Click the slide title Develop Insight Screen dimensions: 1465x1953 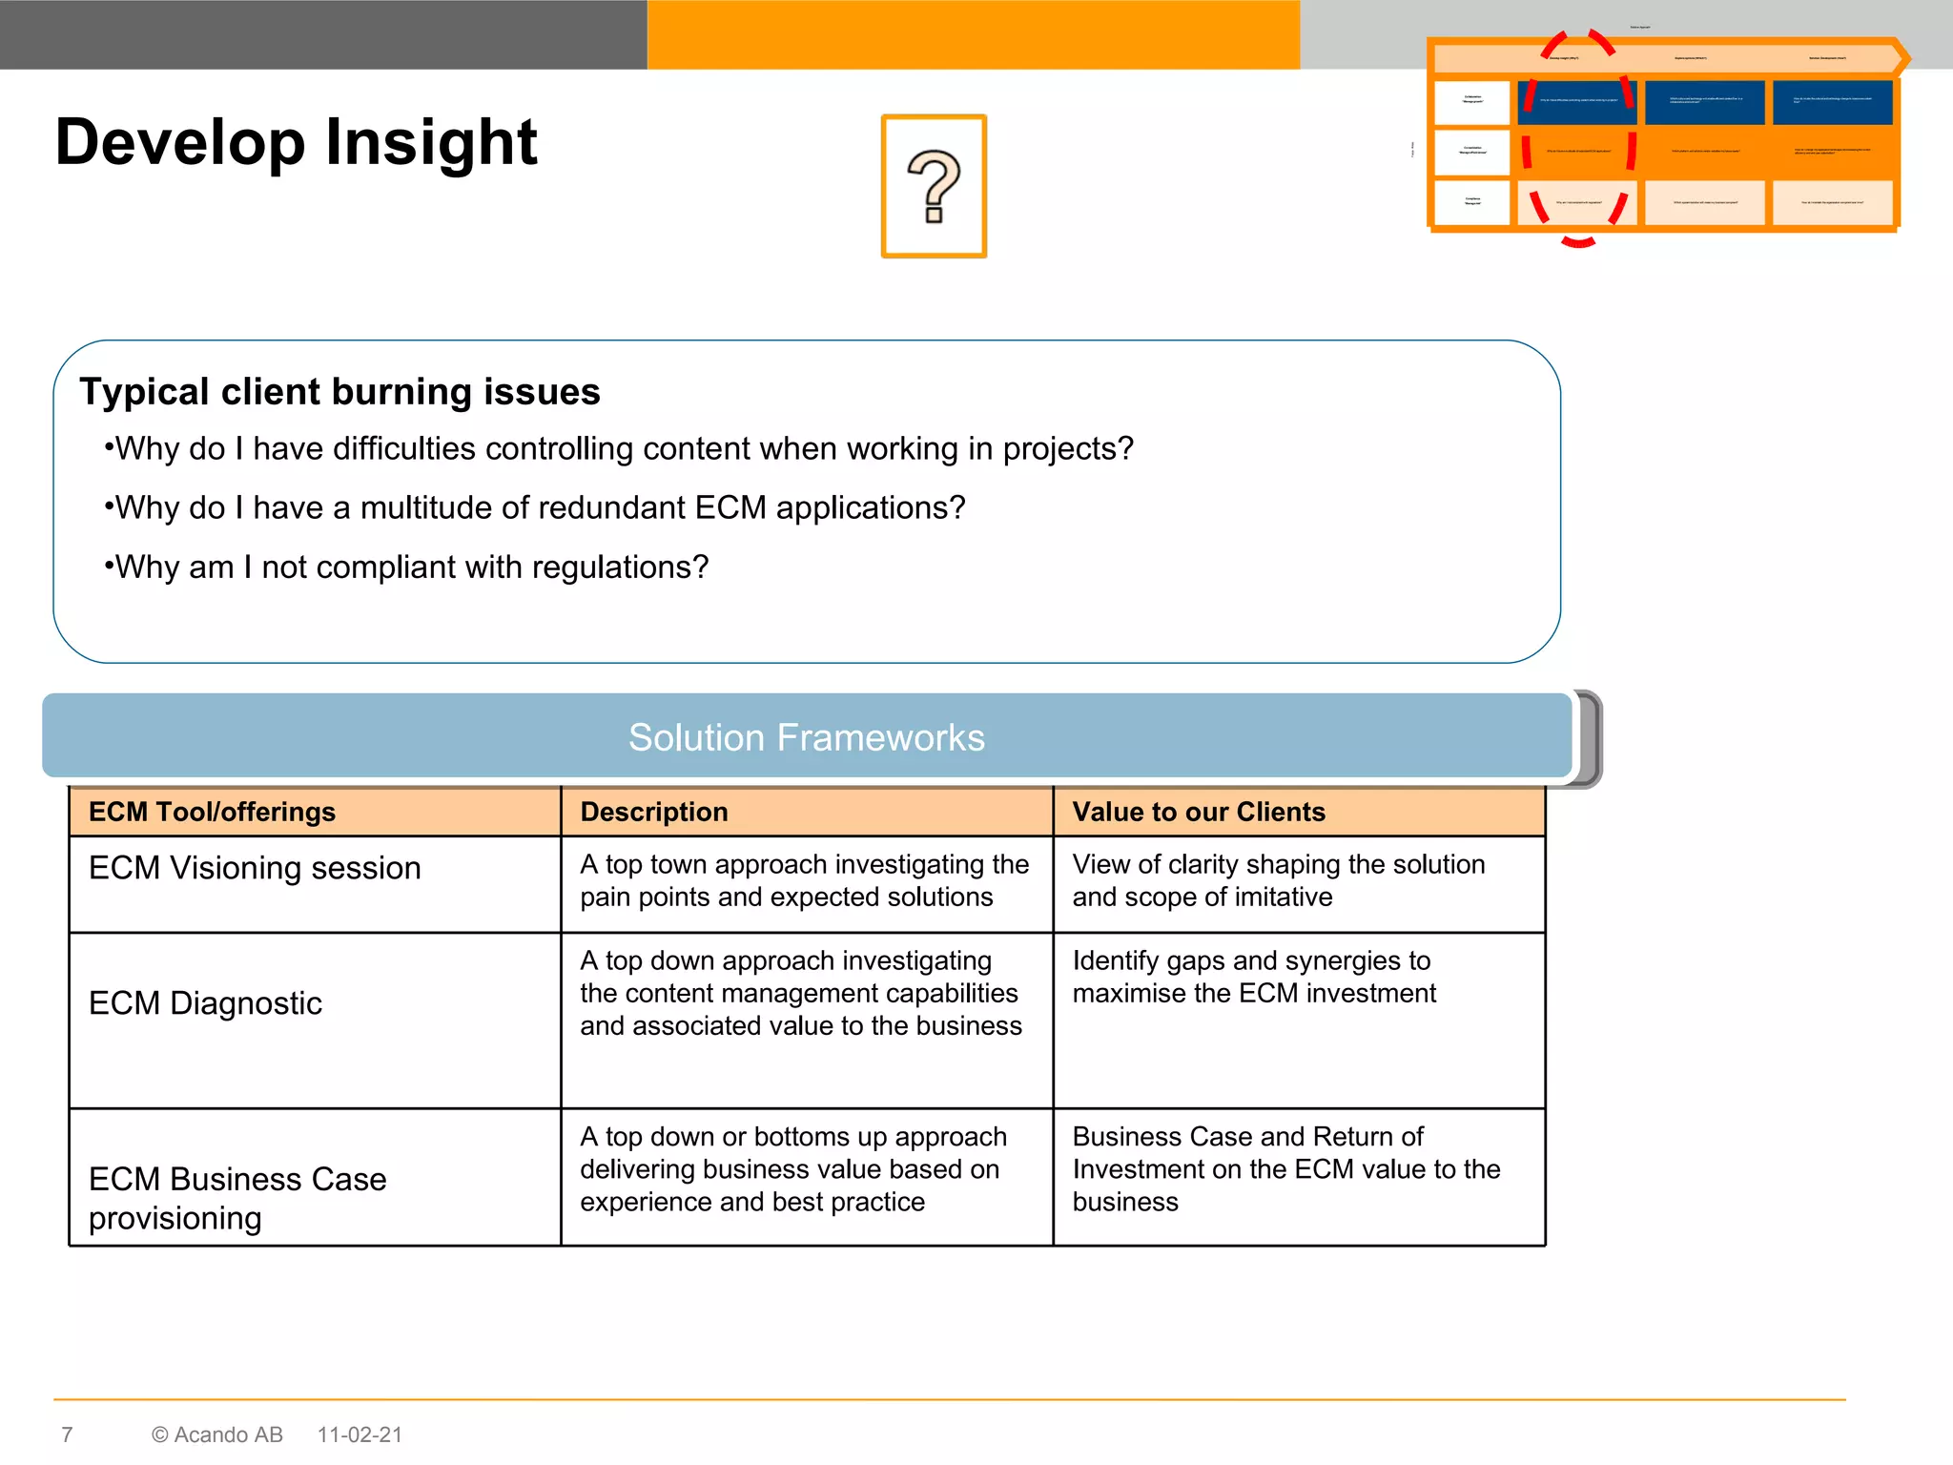click(x=296, y=143)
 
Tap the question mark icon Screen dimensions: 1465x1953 click(x=934, y=186)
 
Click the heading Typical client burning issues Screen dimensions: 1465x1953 click(x=339, y=392)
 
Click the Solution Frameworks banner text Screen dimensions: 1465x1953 click(x=806, y=737)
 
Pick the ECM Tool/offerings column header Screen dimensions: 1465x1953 click(x=212, y=812)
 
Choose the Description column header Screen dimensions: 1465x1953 click(x=654, y=812)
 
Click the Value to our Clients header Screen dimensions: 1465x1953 click(x=1199, y=812)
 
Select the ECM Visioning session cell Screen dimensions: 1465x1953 click(x=255, y=868)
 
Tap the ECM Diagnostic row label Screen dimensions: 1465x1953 click(x=205, y=1003)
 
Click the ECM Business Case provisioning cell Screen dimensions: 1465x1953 click(x=237, y=1198)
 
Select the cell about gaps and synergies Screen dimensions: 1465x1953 click(x=1253, y=977)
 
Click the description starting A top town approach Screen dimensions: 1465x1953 click(x=804, y=880)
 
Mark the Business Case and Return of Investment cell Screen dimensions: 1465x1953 click(x=1285, y=1169)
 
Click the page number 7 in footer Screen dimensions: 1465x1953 click(x=67, y=1434)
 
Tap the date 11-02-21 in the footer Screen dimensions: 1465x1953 click(x=360, y=1434)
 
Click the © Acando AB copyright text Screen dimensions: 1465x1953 click(x=217, y=1434)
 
